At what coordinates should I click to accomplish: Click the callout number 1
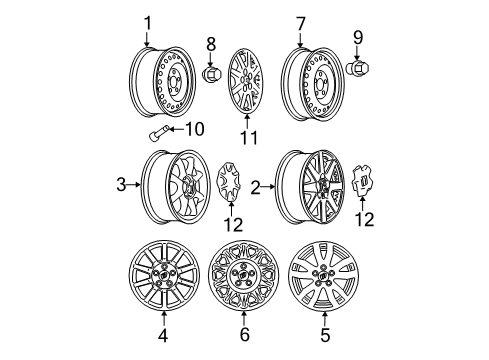click(147, 23)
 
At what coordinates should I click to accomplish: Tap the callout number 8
click(211, 43)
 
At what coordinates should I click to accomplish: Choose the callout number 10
click(195, 129)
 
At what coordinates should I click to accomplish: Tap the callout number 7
click(299, 23)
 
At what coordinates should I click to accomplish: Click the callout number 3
click(121, 184)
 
